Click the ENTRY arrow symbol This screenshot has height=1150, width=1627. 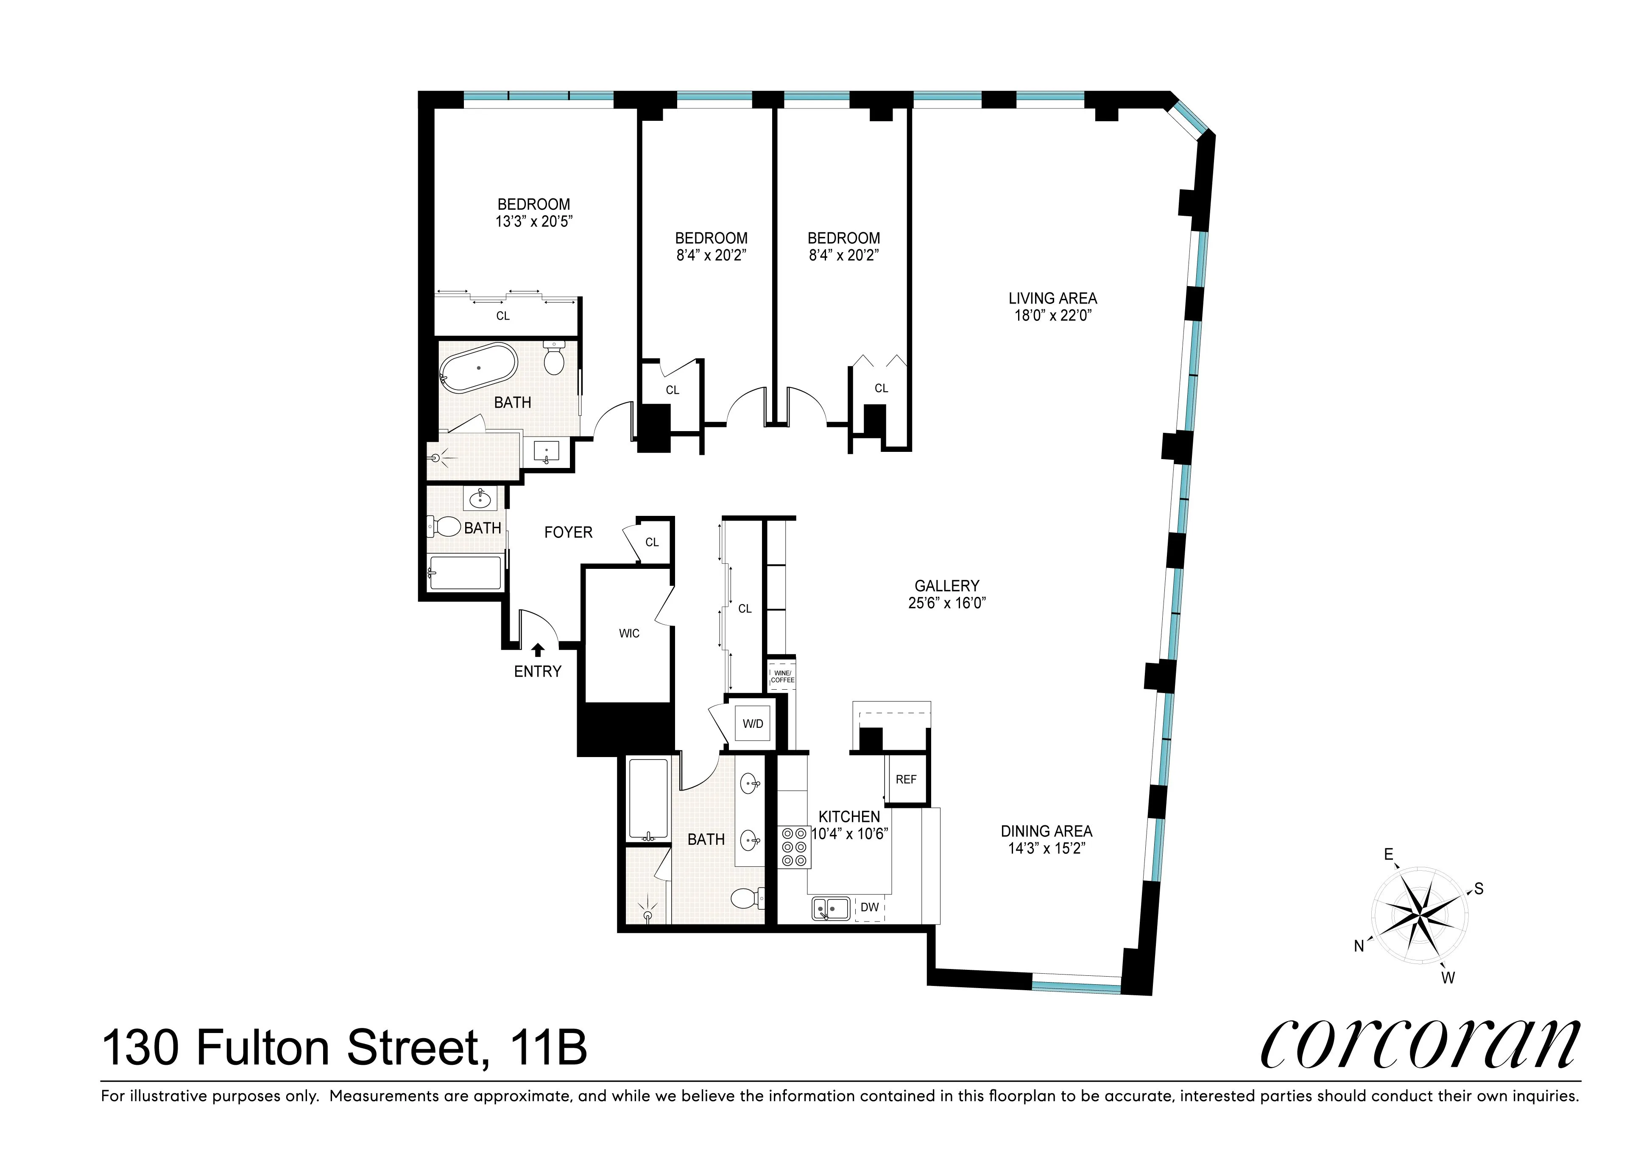point(538,649)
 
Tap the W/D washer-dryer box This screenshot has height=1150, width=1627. point(753,724)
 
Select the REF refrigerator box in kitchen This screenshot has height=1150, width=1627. point(906,780)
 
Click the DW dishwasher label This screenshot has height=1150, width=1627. point(870,908)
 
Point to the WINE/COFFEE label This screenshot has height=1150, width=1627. point(782,677)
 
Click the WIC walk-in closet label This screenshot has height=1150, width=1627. point(628,633)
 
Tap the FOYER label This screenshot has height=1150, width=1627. point(568,532)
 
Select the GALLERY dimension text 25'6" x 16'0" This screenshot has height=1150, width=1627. point(947,604)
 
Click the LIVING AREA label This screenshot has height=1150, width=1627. point(1052,298)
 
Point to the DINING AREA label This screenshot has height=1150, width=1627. point(1046,831)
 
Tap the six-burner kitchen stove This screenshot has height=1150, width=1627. point(794,847)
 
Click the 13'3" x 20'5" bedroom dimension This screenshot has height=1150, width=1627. point(533,222)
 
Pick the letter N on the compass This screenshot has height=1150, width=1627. point(1359,946)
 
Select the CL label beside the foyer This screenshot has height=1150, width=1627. point(652,542)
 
